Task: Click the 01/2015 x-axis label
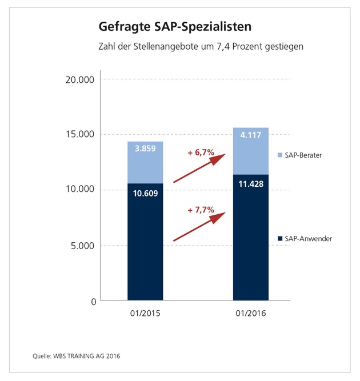pos(145,314)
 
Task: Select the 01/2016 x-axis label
pos(250,314)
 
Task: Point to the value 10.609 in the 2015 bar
pos(145,193)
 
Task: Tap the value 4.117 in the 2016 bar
pos(250,135)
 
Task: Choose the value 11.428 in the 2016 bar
pos(250,184)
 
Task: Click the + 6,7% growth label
pos(201,153)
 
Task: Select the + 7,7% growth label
pos(201,210)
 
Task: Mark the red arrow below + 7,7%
pos(200,227)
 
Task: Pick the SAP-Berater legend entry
pos(302,155)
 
